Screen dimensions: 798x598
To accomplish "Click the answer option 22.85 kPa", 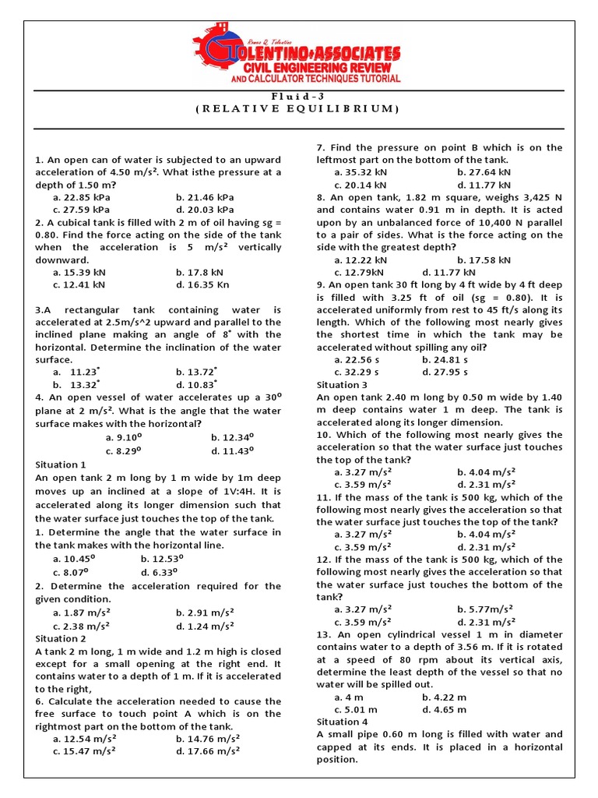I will pyautogui.click(x=82, y=197).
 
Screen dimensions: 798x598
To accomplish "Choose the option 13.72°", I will pyautogui.click(x=197, y=373).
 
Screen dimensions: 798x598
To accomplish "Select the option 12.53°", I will pyautogui.click(x=162, y=558).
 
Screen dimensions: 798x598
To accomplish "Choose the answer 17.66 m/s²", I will pyautogui.click(x=208, y=751).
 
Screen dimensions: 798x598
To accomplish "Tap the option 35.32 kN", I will pyautogui.click(x=361, y=172).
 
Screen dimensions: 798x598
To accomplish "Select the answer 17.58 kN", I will pyautogui.click(x=484, y=260).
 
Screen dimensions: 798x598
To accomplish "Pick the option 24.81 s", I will pyautogui.click(x=445, y=359).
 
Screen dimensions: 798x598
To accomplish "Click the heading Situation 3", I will pyautogui.click(x=343, y=385).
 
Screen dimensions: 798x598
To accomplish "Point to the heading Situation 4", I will pyautogui.click(x=343, y=722).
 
